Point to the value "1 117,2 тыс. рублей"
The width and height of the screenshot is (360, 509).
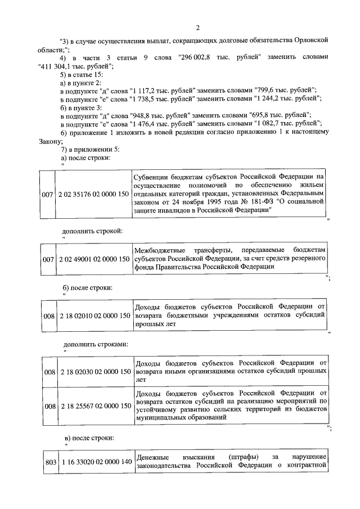pos(163,90)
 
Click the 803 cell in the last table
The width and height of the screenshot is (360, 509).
pos(50,462)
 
